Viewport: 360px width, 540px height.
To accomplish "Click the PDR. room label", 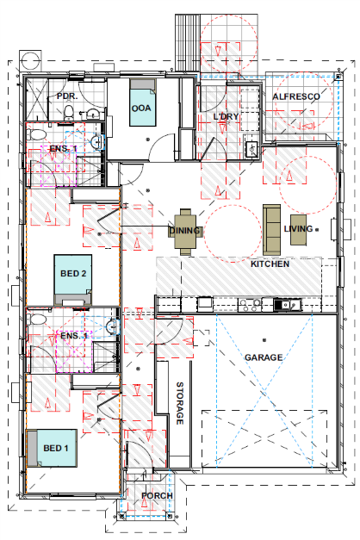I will (66, 96).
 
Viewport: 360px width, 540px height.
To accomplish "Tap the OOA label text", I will (141, 109).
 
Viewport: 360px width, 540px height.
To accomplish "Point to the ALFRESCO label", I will (295, 97).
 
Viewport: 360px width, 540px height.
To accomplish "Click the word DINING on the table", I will (185, 230).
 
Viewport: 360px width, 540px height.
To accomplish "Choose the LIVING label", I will (298, 229).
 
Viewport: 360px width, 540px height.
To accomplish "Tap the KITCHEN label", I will (270, 264).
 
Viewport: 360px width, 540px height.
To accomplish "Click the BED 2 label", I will (73, 274).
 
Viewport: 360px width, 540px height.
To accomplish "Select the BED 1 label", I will (56, 449).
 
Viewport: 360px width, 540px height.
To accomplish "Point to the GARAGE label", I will (263, 357).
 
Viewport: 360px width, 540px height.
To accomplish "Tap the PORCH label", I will (157, 496).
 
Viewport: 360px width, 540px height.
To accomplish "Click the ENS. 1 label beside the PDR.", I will (62, 149).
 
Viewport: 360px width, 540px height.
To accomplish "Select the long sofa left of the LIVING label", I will (271, 226).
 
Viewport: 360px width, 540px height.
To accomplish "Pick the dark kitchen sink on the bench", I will (284, 303).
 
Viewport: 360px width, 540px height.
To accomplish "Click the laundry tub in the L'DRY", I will (251, 150).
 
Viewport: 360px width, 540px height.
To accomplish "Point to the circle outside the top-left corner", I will (31, 59).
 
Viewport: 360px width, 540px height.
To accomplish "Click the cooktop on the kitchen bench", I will (251, 303).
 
